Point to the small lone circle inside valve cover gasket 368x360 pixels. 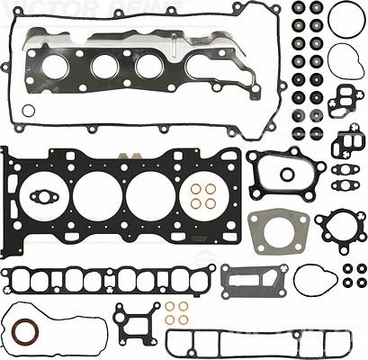click(x=28, y=112)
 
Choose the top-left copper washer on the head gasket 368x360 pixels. click(x=197, y=190)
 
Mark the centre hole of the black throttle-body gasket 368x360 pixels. click(x=288, y=173)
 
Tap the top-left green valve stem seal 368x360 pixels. click(x=298, y=13)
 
